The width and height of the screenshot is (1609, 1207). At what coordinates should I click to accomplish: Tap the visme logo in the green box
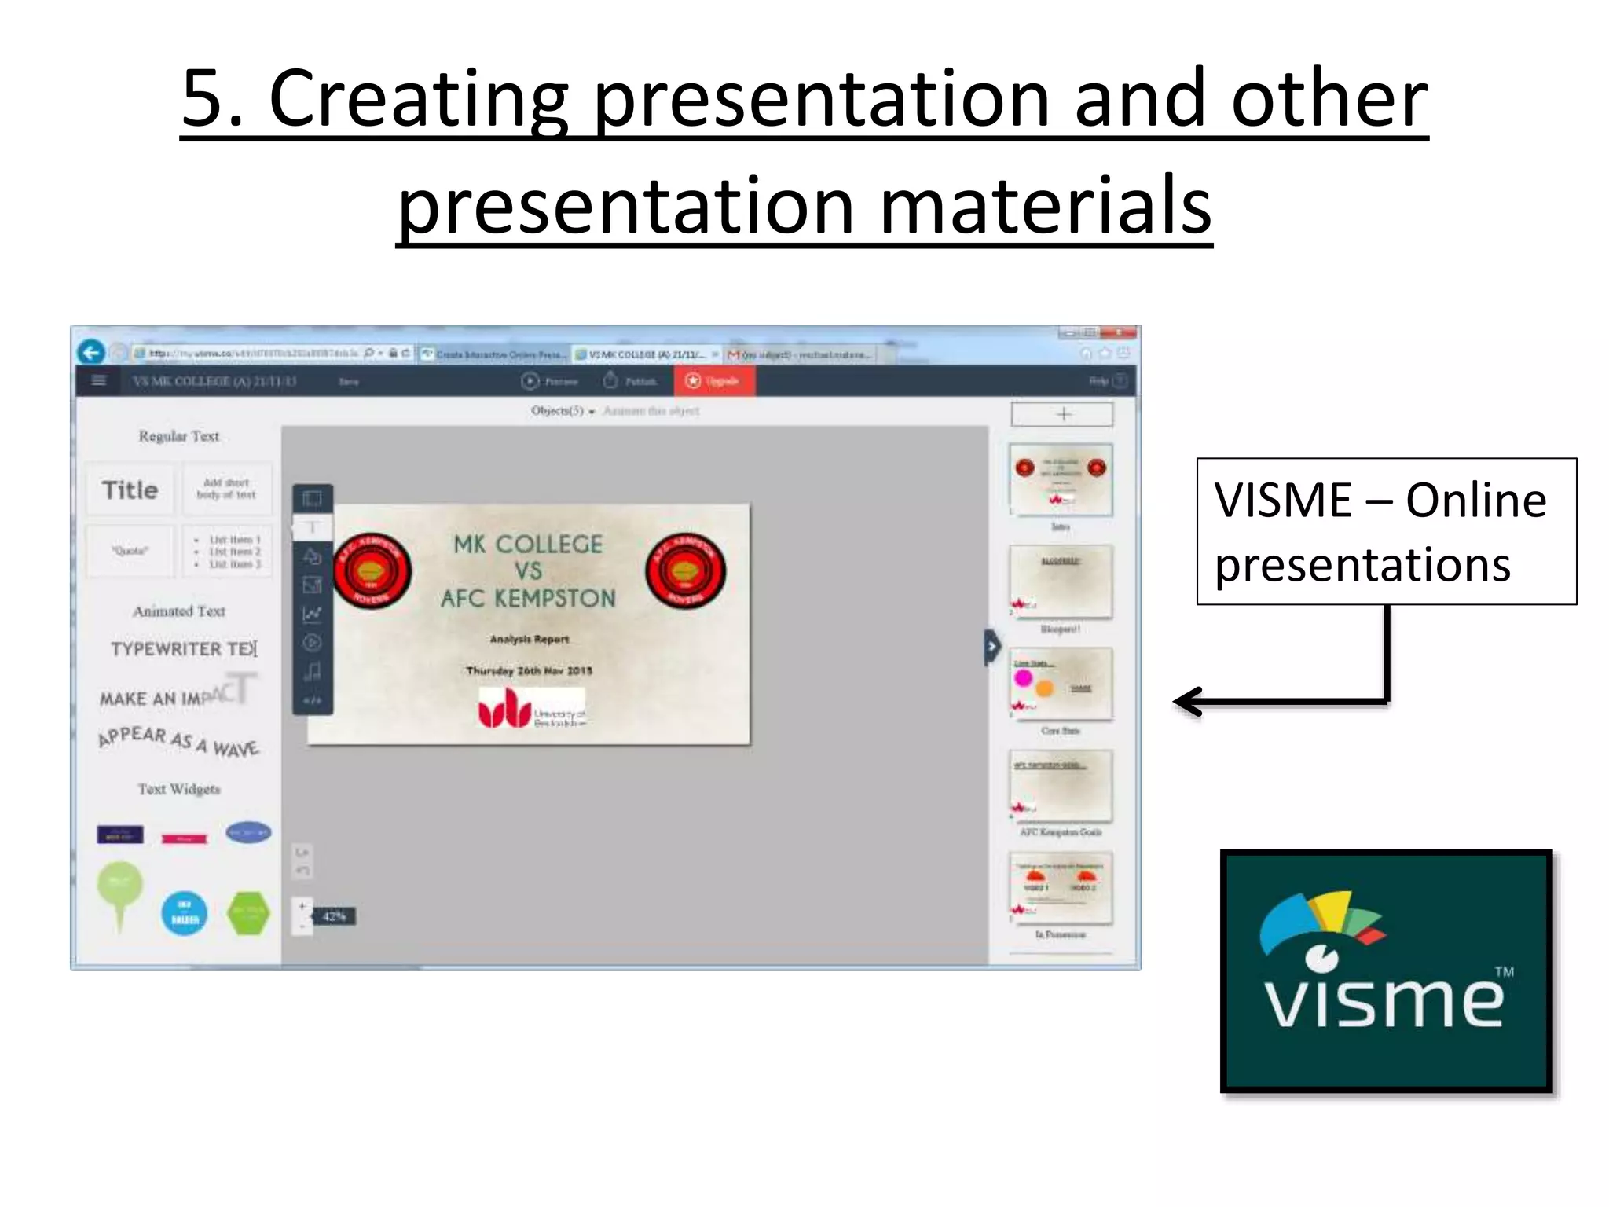pos(1386,970)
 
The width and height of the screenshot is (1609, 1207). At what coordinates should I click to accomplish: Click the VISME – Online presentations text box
pos(1386,531)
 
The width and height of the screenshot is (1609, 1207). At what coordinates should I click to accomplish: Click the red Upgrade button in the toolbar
pos(714,381)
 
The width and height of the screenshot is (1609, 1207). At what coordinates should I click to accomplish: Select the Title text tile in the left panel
pos(130,490)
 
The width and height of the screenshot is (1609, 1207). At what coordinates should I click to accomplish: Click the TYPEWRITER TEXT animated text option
pos(184,648)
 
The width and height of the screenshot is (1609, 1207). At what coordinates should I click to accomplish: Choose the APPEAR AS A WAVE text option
pos(178,741)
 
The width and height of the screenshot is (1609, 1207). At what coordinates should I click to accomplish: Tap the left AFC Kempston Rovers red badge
pos(372,571)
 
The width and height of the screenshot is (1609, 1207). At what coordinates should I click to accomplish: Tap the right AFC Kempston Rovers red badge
pos(685,571)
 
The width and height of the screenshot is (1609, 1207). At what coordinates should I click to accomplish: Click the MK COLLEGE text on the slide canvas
pos(528,544)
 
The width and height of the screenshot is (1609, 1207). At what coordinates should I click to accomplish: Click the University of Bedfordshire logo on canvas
pos(532,709)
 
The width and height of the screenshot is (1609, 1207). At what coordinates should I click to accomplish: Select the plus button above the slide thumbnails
pos(1062,414)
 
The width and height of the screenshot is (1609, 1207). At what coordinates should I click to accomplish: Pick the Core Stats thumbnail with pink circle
pos(1061,684)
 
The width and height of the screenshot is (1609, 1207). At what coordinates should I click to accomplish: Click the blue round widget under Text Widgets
pos(184,913)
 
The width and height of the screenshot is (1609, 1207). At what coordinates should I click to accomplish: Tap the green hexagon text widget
pos(248,913)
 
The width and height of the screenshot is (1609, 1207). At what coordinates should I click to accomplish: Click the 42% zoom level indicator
pos(334,916)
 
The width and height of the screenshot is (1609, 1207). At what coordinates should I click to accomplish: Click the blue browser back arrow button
pos(91,352)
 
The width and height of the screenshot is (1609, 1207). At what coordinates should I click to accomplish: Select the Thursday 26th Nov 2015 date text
pos(529,670)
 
